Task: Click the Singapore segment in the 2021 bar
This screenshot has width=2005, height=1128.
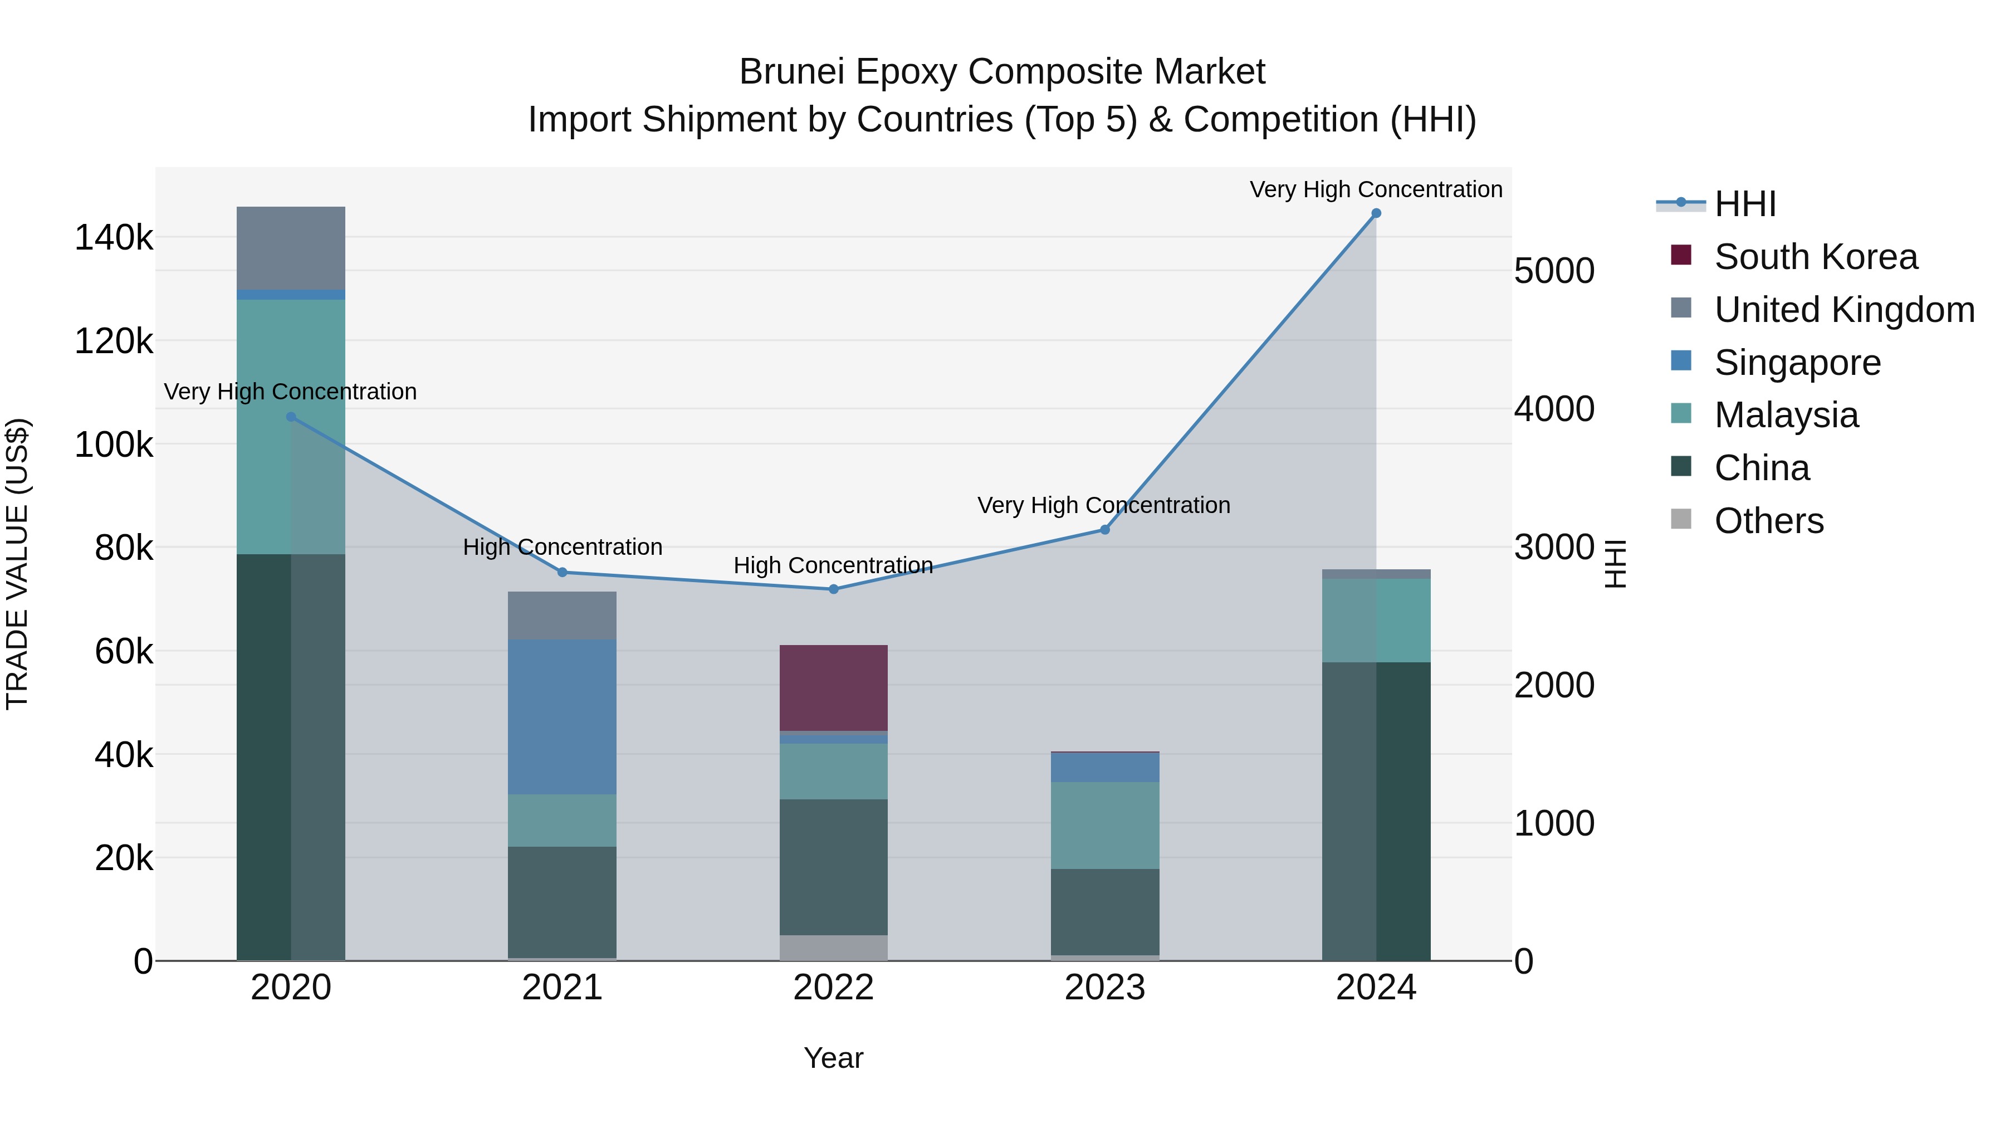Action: tap(562, 716)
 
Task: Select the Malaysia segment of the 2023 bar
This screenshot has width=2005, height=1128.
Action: tap(1104, 825)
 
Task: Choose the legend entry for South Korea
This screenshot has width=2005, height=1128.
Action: tap(1815, 257)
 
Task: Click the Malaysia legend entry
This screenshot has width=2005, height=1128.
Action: tap(1786, 415)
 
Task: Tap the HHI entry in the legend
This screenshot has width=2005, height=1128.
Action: tap(1744, 204)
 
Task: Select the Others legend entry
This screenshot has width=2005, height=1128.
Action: tap(1768, 521)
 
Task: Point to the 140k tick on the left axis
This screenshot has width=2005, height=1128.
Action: tap(114, 237)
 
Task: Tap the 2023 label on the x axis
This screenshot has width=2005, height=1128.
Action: tap(1104, 988)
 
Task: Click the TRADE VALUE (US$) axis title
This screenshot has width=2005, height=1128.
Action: tap(17, 564)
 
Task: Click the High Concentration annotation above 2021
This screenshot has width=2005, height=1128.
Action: tap(562, 547)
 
